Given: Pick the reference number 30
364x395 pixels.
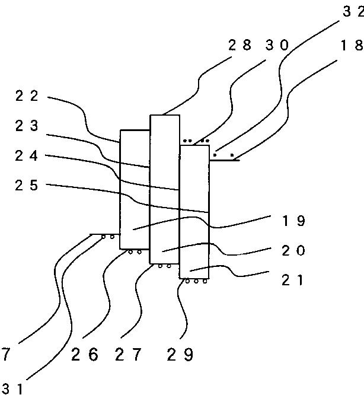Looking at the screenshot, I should tap(276, 45).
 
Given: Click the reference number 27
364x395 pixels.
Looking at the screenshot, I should tap(129, 355).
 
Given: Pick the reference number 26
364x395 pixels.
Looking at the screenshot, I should tap(84, 355).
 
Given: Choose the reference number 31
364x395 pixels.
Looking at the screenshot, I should tap(12, 388).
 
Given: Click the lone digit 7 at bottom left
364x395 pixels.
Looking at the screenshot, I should tap(5, 355).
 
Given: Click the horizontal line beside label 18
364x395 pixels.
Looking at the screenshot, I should tap(225, 160).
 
